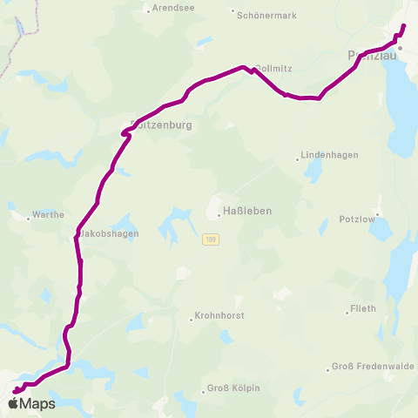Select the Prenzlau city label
[373, 56]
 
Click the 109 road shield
[211, 239]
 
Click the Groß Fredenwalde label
[373, 367]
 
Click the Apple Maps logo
[31, 403]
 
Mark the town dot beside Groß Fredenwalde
[327, 367]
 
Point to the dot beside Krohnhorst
[191, 319]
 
